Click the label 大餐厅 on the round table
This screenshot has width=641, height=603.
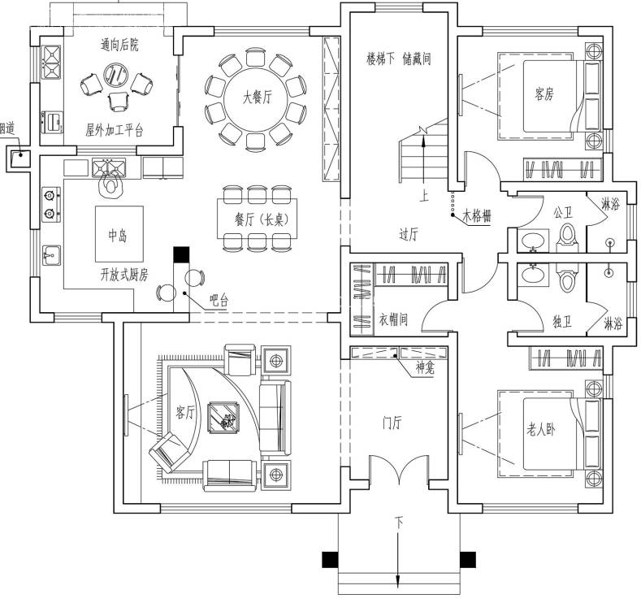click(258, 98)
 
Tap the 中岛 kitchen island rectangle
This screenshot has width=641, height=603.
click(119, 234)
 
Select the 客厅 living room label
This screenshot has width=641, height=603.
click(184, 412)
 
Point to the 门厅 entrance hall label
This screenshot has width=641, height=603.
click(392, 423)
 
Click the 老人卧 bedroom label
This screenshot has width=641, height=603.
click(540, 430)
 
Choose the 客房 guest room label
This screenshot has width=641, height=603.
click(544, 94)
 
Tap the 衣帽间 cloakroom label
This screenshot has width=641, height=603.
click(393, 319)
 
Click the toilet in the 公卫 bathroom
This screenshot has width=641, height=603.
click(567, 236)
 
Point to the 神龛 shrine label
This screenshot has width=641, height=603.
click(425, 368)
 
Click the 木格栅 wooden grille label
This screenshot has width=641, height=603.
click(476, 216)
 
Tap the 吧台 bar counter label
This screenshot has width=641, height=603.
click(219, 301)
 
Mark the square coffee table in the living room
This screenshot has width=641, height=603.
click(223, 418)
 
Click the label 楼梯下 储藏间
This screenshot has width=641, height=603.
click(399, 59)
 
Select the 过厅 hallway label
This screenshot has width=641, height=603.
click(409, 235)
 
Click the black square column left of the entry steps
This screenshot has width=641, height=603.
click(330, 560)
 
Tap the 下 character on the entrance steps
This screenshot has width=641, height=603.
click(399, 523)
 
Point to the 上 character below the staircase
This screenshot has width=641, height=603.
click(424, 196)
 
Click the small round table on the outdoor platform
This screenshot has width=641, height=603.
click(115, 76)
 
